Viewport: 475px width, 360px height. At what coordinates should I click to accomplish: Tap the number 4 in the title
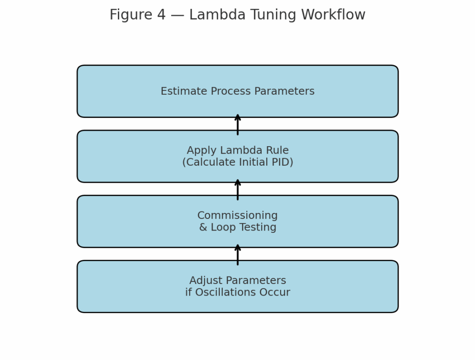point(161,15)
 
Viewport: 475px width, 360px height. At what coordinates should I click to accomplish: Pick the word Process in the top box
point(222,91)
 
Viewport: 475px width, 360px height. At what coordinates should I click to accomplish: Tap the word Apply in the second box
point(200,151)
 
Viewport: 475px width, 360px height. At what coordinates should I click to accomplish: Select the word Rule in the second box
point(277,151)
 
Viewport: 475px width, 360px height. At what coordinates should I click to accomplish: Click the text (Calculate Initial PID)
point(237,162)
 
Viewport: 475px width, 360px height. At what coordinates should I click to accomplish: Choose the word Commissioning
point(237,216)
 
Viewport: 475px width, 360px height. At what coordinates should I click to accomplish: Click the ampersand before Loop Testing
point(203,227)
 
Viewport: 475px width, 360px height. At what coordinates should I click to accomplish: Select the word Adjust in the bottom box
point(205,281)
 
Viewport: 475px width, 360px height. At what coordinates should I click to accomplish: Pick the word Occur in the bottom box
point(276,292)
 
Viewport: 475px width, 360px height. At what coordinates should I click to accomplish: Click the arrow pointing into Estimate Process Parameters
point(237,124)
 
